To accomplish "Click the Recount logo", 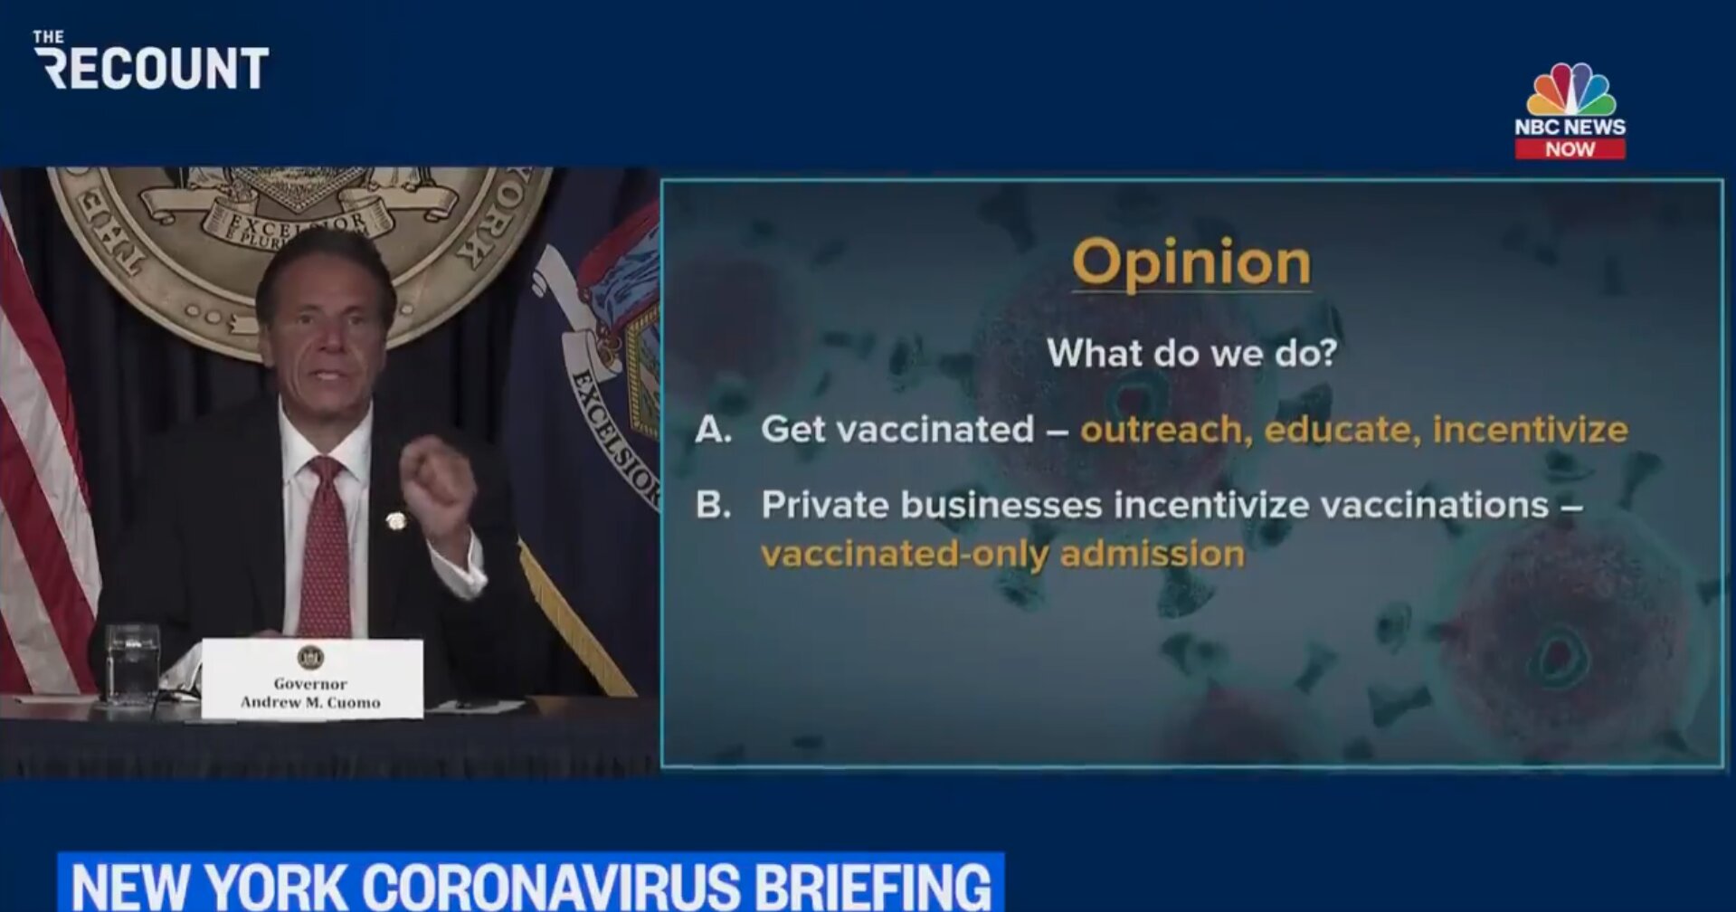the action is (151, 61).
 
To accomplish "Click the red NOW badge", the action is (1570, 149).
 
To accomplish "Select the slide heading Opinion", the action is (1191, 263).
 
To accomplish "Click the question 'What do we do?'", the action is (1191, 352).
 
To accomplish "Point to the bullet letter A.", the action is (713, 430).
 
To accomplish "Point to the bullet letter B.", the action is (712, 505).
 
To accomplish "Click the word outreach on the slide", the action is (1166, 430).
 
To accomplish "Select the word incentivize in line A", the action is (1531, 430).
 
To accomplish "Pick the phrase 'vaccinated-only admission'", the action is (1002, 554).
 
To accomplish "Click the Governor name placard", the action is (312, 679).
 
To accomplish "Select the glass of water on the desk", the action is (132, 664).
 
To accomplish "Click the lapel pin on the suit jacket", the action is (395, 521).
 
